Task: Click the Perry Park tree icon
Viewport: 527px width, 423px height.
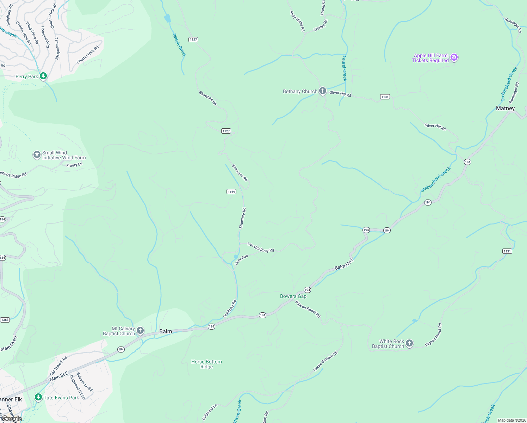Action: (43, 76)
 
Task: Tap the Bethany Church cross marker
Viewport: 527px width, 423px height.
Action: (322, 91)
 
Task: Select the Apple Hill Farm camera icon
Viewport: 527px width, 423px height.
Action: (454, 57)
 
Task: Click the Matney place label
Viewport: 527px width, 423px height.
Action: (505, 108)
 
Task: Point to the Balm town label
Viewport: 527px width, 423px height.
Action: (166, 331)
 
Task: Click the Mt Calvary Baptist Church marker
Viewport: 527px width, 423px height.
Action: (140, 331)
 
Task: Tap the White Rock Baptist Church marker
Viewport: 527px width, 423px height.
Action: (409, 343)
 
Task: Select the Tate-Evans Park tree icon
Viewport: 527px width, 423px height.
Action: (38, 397)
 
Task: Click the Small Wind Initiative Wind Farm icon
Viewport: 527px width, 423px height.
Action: (37, 155)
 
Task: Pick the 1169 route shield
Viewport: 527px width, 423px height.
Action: (231, 192)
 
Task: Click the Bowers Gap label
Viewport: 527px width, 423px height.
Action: (293, 296)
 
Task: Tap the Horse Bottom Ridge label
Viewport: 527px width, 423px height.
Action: (206, 364)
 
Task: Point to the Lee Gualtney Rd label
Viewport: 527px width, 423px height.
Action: (261, 247)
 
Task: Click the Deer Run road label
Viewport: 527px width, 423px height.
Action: (241, 260)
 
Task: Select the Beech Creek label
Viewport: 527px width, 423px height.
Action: (179, 45)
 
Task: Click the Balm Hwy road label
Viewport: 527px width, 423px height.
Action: (344, 264)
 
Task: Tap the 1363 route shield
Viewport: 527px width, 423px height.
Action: (5, 320)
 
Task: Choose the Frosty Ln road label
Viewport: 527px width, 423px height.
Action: (74, 165)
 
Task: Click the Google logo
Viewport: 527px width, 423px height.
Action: (11, 419)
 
